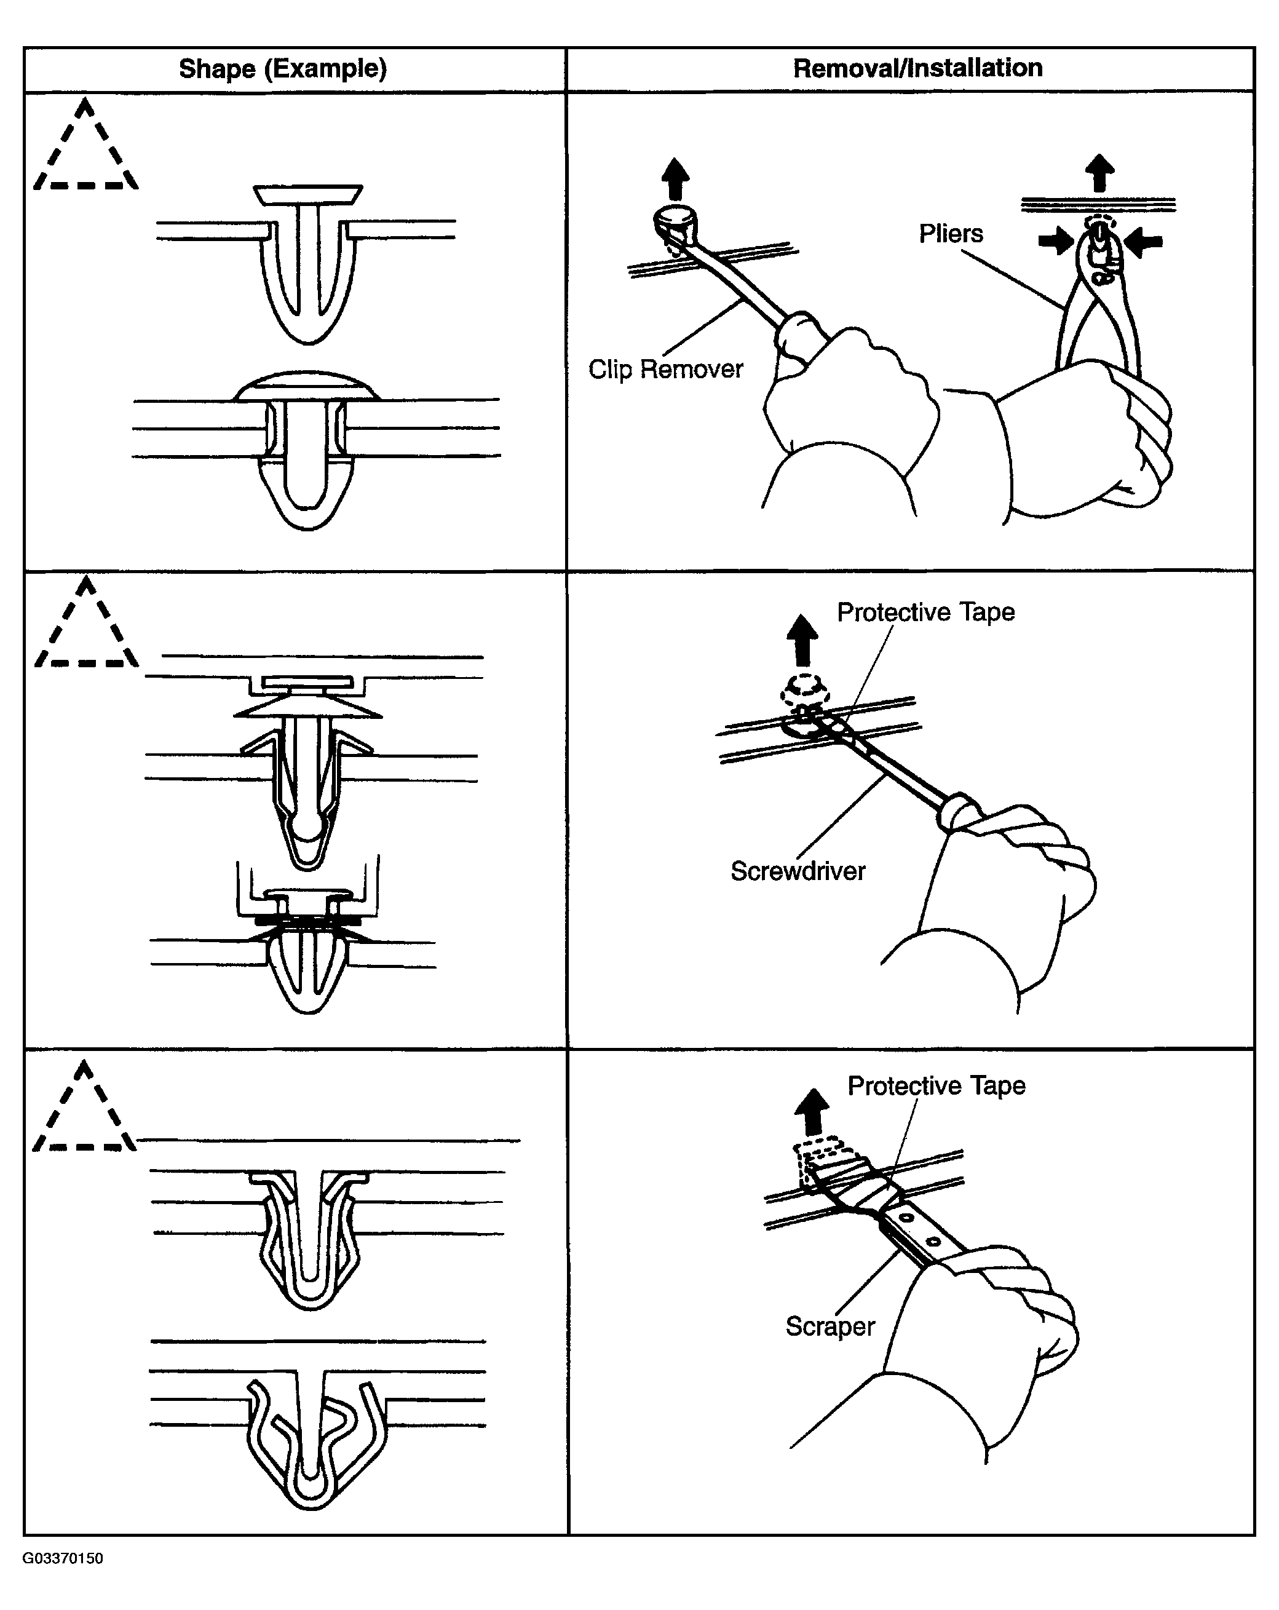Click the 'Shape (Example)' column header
coord(282,69)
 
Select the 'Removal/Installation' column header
coord(917,68)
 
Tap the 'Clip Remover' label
coord(665,369)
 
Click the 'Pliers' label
coord(951,234)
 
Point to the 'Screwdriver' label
coord(798,871)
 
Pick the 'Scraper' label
coord(830,1326)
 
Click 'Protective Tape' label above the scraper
coord(936,1086)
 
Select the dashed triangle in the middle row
coord(87,627)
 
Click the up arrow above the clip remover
coord(676,178)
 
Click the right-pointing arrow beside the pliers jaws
coord(1055,241)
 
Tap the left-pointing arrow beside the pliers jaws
coord(1143,242)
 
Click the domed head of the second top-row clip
coord(307,386)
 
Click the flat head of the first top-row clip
coord(307,195)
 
